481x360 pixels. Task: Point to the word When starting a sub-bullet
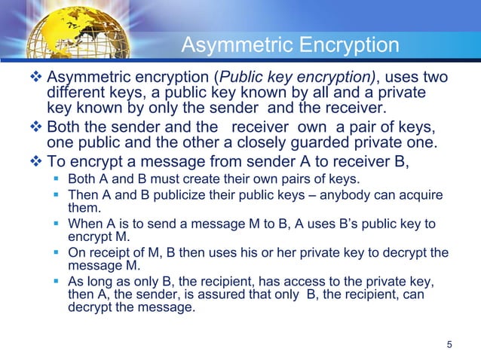tap(84, 224)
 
